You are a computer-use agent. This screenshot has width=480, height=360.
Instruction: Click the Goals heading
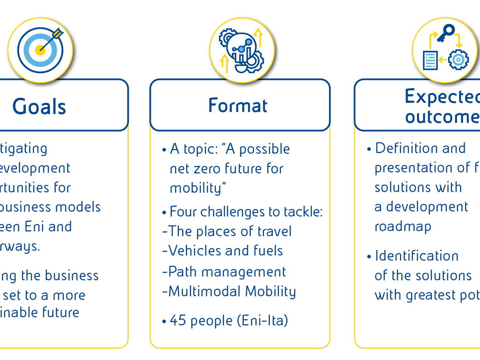click(40, 107)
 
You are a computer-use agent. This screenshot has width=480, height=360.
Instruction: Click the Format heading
click(238, 105)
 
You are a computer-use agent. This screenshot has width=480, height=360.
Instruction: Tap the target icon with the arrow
click(40, 50)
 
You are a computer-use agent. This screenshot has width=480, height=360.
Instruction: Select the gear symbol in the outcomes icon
click(458, 60)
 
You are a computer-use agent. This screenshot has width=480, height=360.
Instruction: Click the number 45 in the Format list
click(178, 320)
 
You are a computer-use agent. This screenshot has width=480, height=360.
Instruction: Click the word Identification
click(416, 256)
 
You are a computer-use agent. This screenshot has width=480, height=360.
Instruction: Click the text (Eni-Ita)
click(263, 320)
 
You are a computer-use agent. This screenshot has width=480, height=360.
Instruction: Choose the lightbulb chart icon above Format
click(242, 50)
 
